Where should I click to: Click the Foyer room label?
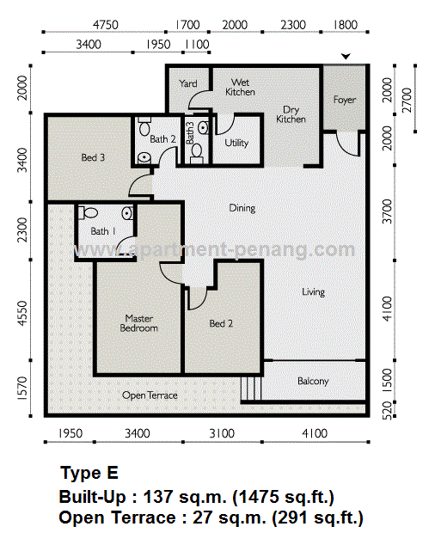pyautogui.click(x=345, y=100)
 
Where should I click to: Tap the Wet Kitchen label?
pyautogui.click(x=240, y=87)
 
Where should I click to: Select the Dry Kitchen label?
pyautogui.click(x=291, y=114)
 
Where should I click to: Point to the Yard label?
pyautogui.click(x=188, y=83)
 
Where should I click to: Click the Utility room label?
pyautogui.click(x=236, y=143)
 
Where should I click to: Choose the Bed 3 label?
pyautogui.click(x=93, y=157)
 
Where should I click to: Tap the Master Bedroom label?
pyautogui.click(x=138, y=322)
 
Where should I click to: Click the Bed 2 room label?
pyautogui.click(x=221, y=323)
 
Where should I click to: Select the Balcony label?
pyautogui.click(x=313, y=381)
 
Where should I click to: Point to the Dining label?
pyautogui.click(x=242, y=208)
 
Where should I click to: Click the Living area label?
pyautogui.click(x=313, y=292)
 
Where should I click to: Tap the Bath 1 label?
pyautogui.click(x=101, y=231)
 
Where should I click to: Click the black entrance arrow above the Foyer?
pyautogui.click(x=346, y=57)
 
